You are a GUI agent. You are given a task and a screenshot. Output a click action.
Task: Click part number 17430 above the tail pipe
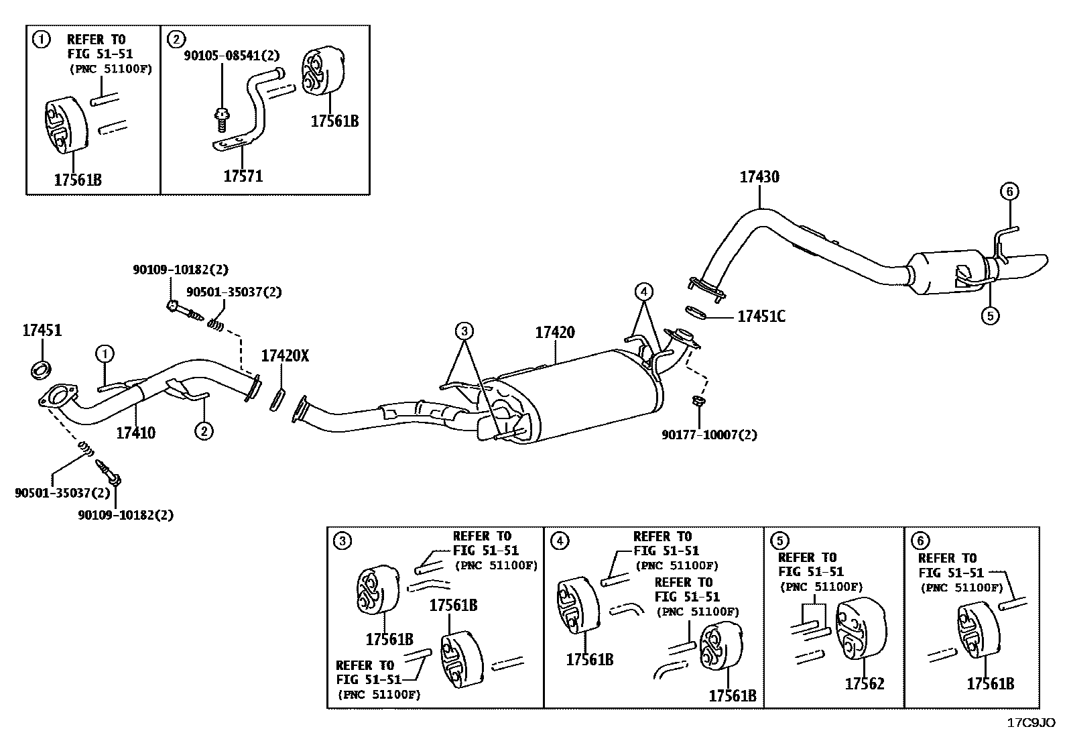[759, 177]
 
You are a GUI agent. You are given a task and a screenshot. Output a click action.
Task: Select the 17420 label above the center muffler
[554, 333]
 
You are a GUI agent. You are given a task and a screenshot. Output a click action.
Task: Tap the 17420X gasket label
[285, 356]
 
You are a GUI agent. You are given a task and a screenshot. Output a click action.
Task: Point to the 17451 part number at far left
[42, 330]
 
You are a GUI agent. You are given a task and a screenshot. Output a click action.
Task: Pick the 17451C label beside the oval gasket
[761, 317]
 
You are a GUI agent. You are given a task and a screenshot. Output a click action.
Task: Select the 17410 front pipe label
[135, 433]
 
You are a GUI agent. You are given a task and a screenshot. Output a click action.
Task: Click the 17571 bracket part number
[243, 176]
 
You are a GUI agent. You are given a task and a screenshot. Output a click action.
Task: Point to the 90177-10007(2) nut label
[709, 435]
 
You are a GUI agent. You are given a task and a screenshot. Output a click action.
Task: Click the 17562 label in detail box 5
[864, 683]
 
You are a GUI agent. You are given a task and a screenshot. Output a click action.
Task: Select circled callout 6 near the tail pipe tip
[1009, 192]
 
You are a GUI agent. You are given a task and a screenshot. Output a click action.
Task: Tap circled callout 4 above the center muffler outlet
[643, 292]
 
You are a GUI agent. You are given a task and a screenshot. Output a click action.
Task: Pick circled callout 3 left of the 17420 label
[464, 331]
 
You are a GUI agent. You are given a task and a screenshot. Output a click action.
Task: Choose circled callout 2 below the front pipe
[204, 431]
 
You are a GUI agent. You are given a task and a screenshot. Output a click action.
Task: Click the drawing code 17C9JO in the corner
[1031, 723]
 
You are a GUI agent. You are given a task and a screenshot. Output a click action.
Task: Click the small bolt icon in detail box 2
[221, 120]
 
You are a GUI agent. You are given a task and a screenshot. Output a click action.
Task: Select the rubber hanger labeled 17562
[860, 627]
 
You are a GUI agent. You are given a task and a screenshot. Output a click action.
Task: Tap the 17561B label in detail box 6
[990, 683]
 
